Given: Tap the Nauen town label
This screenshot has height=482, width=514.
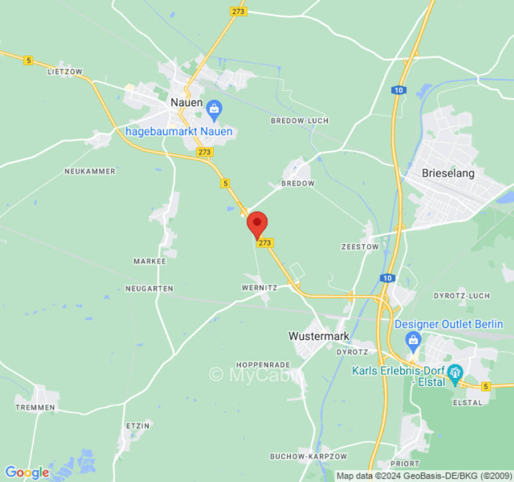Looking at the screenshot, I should (x=186, y=102).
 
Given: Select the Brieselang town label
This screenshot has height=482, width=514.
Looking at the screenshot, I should (x=448, y=174).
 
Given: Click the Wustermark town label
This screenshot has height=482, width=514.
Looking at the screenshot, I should (x=319, y=336).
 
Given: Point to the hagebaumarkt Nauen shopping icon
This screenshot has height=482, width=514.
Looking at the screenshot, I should (x=213, y=110).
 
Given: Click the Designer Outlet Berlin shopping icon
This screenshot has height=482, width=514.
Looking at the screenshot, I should (x=413, y=339).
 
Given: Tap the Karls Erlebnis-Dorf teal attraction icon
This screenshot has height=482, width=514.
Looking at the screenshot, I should (x=455, y=374).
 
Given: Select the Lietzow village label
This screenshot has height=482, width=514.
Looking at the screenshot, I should (x=64, y=71).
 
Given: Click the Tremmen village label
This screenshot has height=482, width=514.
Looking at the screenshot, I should (x=34, y=407).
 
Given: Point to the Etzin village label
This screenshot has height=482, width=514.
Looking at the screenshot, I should (x=137, y=425).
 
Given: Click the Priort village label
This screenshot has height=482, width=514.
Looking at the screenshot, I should (x=405, y=463).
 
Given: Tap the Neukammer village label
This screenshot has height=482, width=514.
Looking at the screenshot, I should (x=90, y=171).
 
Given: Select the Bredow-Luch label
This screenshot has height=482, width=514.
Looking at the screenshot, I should (x=299, y=120).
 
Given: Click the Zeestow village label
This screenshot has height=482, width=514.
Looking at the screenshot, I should (x=360, y=246).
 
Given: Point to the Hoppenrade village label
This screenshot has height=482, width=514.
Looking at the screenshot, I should (x=263, y=365).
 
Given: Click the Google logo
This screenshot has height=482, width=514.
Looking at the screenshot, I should (x=27, y=472).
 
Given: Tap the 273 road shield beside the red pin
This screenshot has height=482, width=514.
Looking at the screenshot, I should (x=265, y=242).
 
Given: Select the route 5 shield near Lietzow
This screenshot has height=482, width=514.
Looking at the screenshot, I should (x=28, y=60).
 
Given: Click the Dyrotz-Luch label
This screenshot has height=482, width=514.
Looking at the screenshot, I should (x=462, y=296).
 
